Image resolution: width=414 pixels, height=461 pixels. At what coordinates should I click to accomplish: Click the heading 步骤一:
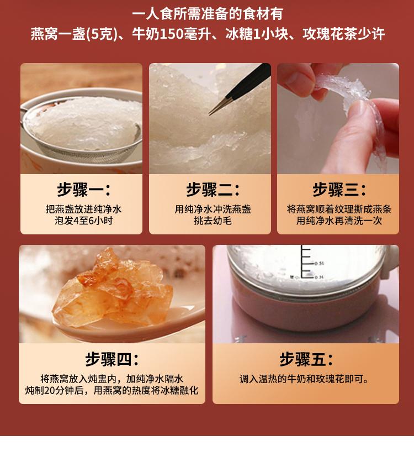pos(84,190)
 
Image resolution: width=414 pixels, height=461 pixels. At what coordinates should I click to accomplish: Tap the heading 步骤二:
pos(213,190)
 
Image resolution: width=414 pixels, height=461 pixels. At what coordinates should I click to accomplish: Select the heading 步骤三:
pos(339,190)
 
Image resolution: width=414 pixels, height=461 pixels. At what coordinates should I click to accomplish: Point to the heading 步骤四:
pos(112,359)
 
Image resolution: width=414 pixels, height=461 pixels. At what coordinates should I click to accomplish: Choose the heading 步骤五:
pos(306,359)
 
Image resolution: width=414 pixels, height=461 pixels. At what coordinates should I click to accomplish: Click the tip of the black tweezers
pos(210,114)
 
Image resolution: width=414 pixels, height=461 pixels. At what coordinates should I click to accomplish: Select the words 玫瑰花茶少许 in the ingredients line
pos(343,34)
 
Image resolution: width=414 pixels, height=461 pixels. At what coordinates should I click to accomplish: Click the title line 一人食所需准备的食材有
pos(208,14)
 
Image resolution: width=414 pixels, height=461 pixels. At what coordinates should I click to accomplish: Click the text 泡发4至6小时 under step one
pos(84,221)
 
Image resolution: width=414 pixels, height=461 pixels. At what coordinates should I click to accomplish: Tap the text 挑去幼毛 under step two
pos(213,221)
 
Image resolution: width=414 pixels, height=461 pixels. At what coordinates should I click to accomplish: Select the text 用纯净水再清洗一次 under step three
pos(339,221)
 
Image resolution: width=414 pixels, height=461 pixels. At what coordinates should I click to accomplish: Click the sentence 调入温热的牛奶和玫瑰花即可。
pos(304,379)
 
